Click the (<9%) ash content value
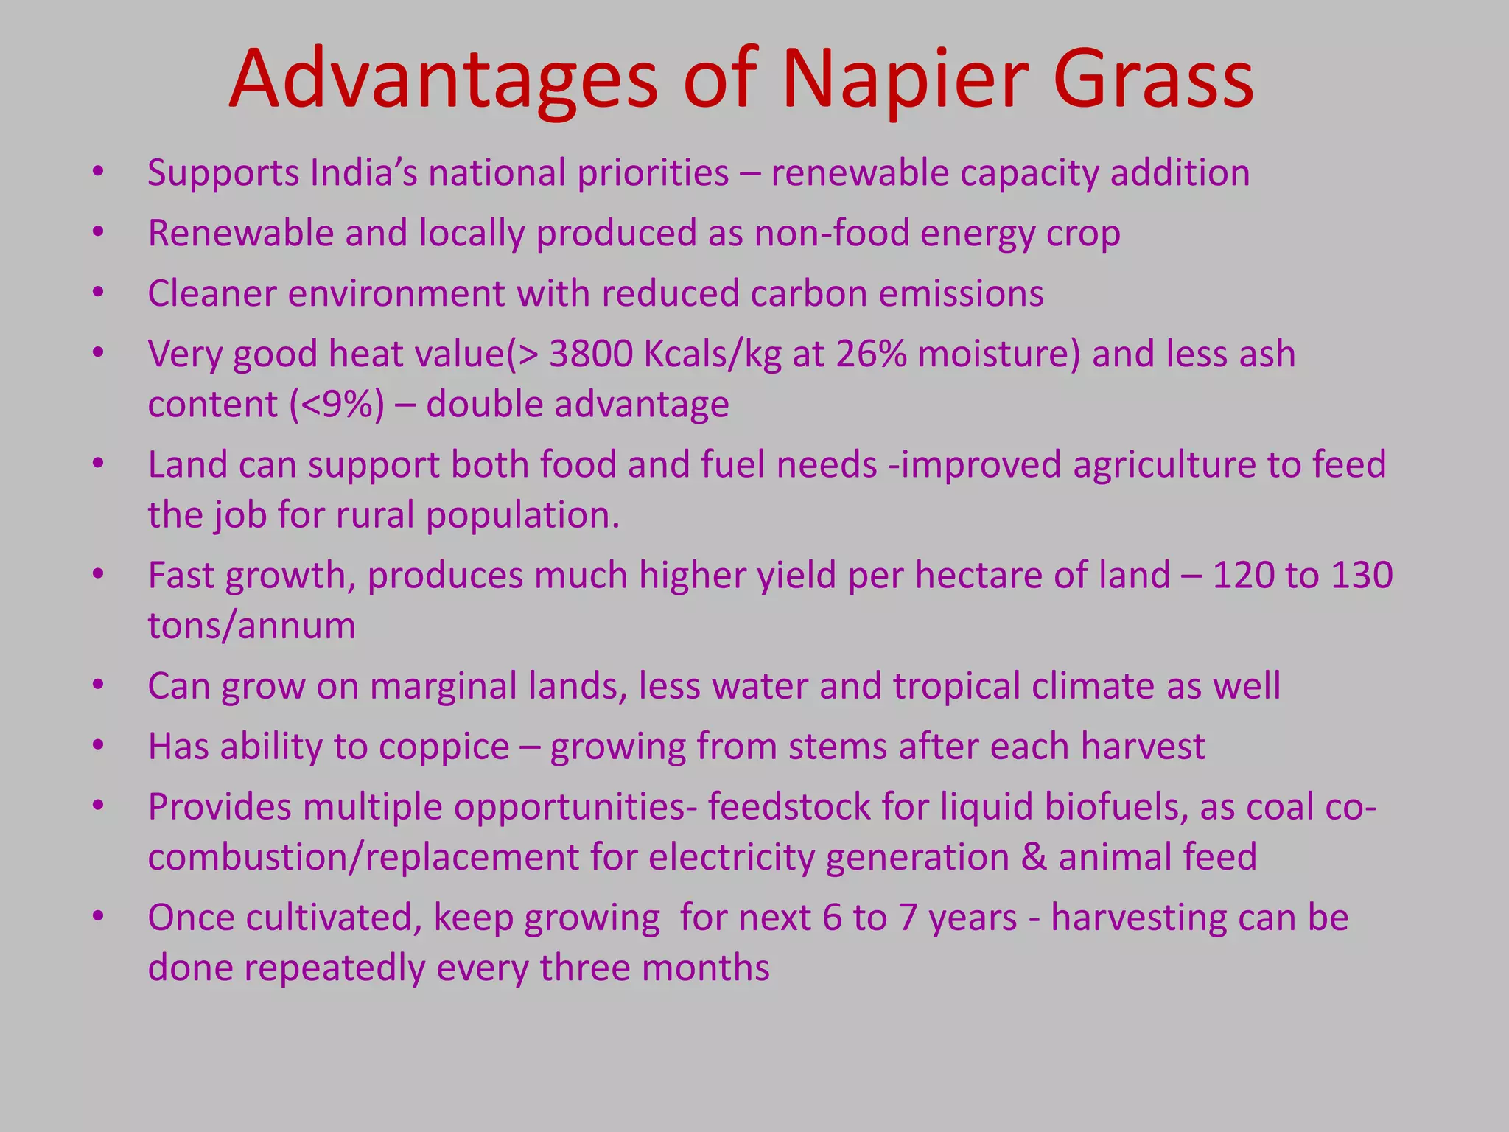click(x=337, y=405)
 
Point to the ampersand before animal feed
click(x=1034, y=858)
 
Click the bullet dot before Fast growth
click(x=98, y=574)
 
